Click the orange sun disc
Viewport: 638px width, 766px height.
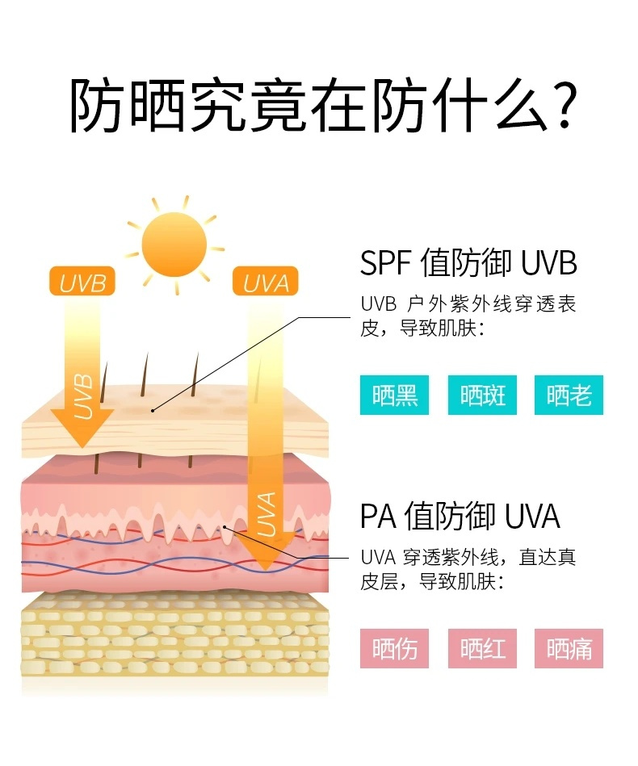click(174, 245)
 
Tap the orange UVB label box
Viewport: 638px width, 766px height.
click(82, 282)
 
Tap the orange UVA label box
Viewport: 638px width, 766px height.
click(266, 282)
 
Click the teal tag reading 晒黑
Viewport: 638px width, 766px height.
click(395, 396)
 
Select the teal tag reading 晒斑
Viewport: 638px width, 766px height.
click(482, 396)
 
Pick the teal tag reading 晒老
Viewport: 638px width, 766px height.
click(569, 396)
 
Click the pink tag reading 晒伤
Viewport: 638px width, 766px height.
click(395, 649)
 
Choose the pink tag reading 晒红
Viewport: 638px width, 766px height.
click(482, 649)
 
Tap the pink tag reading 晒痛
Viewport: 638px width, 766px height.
click(569, 649)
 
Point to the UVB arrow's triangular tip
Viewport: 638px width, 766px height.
click(82, 446)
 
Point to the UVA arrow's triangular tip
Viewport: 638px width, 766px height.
click(266, 570)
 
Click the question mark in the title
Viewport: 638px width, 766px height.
click(564, 105)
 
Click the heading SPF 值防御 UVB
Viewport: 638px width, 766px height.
click(468, 263)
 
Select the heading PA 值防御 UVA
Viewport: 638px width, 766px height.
click(460, 516)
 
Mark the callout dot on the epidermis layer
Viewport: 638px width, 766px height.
click(153, 410)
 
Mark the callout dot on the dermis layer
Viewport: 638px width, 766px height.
click(225, 527)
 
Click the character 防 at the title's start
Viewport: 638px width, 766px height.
click(96, 105)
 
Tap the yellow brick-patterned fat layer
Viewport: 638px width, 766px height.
click(174, 635)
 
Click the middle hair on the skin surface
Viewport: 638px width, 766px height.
click(144, 375)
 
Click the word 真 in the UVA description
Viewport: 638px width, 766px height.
click(567, 558)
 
